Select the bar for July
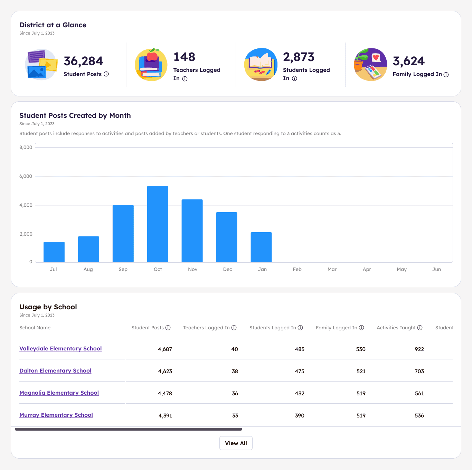(54, 252)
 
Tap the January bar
(261, 247)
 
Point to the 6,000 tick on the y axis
(26, 176)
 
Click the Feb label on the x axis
(297, 269)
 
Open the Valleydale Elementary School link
(60, 348)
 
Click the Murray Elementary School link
(56, 415)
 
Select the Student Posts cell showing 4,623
(165, 371)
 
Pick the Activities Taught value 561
(419, 393)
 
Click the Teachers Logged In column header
(206, 328)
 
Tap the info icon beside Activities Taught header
(420, 328)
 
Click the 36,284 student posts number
(83, 61)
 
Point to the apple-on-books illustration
(151, 65)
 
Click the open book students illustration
(261, 65)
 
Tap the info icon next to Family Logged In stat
(446, 75)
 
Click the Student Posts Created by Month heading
(75, 115)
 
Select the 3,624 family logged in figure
(408, 61)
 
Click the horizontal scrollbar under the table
(129, 429)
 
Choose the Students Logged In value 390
(300, 415)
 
